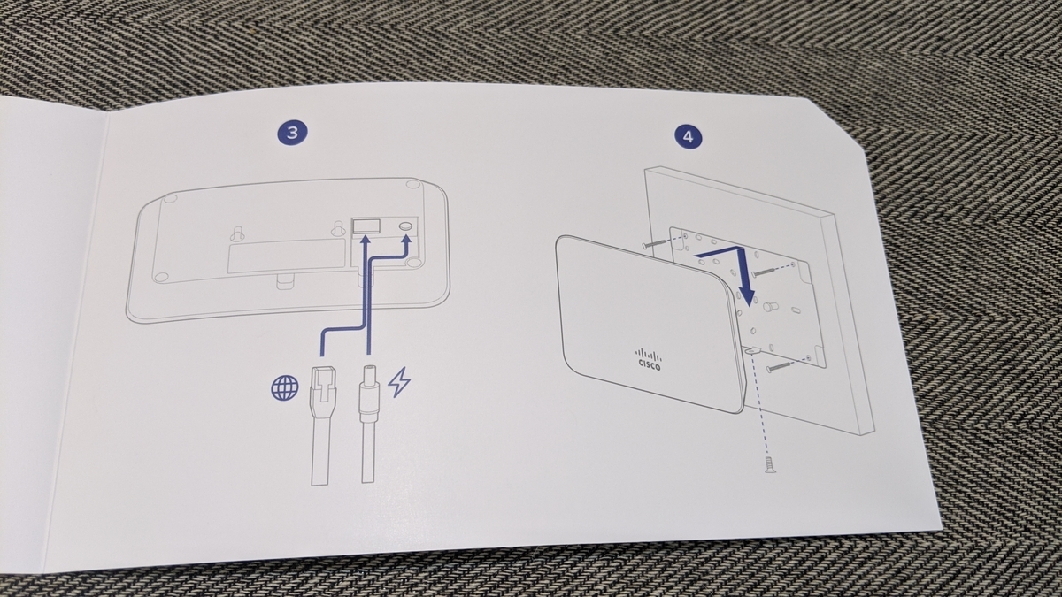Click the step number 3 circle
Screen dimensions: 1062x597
[x=293, y=132]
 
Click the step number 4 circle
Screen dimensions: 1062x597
[x=689, y=137]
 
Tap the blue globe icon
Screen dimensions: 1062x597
[x=285, y=388]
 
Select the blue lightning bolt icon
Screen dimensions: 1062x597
[x=400, y=382]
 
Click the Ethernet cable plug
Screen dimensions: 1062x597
[x=322, y=393]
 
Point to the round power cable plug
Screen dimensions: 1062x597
[x=369, y=394]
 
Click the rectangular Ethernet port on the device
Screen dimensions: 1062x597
[x=366, y=226]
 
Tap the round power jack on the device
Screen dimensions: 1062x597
[x=406, y=226]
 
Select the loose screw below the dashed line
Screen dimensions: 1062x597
[x=770, y=465]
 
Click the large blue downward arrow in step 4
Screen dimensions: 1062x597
[x=733, y=269]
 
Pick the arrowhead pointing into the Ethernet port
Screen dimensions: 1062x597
[x=365, y=241]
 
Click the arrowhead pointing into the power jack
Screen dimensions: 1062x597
[x=406, y=241]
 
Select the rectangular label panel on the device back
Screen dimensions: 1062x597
[x=287, y=256]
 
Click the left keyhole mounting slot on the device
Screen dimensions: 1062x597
[x=237, y=232]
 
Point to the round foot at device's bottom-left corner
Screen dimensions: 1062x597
[x=162, y=277]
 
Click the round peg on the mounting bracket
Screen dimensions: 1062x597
[x=768, y=306]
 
